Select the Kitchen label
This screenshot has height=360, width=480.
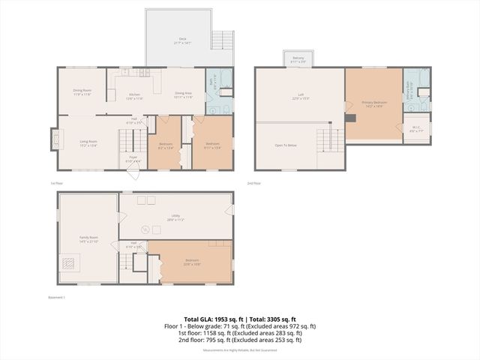click(x=133, y=75)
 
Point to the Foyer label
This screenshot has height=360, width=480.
click(x=132, y=159)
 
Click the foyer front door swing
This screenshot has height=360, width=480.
click(x=133, y=174)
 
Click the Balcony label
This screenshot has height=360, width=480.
click(x=297, y=61)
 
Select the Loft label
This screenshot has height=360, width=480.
click(x=300, y=97)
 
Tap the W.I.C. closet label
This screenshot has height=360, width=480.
click(x=417, y=128)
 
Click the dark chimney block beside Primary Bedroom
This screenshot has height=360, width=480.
click(x=348, y=117)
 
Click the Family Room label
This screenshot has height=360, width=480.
click(x=88, y=239)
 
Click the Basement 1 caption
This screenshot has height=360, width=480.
click(x=57, y=297)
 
